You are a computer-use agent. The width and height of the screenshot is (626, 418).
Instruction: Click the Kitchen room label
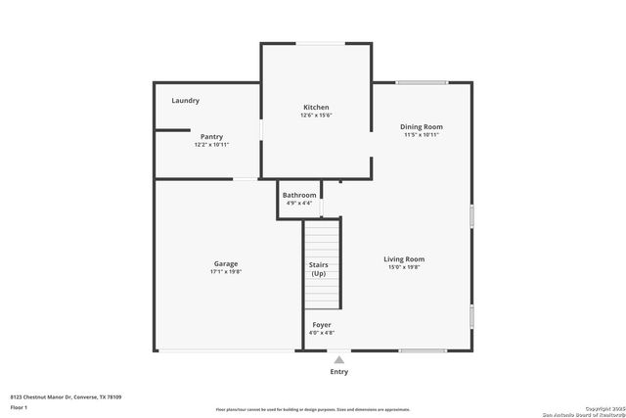click(x=315, y=107)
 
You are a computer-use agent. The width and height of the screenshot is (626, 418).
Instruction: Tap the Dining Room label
click(x=422, y=126)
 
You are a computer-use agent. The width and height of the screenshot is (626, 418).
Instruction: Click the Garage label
click(x=226, y=263)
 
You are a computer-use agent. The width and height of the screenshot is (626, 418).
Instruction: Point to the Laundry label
click(x=185, y=101)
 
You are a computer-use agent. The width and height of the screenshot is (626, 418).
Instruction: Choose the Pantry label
click(x=211, y=136)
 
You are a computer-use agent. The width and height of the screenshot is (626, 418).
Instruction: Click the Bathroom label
click(x=299, y=195)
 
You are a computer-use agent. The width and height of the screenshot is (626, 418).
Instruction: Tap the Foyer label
click(x=321, y=324)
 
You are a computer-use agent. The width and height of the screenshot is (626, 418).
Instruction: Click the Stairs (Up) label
click(x=319, y=269)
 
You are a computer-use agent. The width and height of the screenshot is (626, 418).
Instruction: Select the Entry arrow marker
click(x=338, y=359)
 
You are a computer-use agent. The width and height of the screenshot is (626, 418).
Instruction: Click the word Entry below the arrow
click(x=338, y=372)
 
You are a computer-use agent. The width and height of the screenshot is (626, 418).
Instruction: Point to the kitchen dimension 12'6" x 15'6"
click(x=316, y=116)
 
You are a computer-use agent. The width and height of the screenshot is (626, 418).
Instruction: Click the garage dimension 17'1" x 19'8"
click(x=226, y=271)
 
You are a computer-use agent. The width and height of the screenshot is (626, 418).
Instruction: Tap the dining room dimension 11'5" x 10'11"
click(x=422, y=134)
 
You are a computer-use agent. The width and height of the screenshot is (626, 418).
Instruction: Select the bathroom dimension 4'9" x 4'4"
click(x=299, y=203)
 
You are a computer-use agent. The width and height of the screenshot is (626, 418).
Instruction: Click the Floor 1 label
click(x=19, y=406)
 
